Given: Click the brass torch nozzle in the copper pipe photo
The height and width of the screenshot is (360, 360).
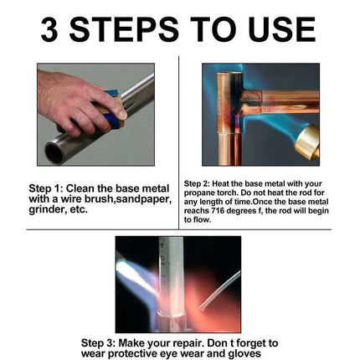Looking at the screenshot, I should [x=308, y=141].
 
